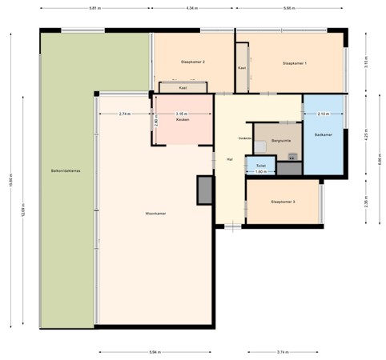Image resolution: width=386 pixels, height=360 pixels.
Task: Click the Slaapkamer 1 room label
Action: [295, 63]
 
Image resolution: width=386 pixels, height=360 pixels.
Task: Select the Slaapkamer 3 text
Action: [283, 202]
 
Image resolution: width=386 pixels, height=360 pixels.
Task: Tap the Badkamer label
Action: [323, 134]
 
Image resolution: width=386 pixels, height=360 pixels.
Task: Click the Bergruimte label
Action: [280, 140]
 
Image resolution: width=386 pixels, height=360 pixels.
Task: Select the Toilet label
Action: [260, 166]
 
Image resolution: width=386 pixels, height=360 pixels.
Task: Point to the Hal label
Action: [230, 159]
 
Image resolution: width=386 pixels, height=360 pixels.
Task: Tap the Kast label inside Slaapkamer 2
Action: [183, 88]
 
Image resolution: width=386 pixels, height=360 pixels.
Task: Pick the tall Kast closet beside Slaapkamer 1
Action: [242, 68]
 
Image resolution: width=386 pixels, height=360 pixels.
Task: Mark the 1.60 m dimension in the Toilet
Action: [260, 171]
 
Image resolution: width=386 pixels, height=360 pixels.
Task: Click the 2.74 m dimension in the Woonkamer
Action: [124, 114]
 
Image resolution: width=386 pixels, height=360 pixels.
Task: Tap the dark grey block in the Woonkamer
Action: [205, 190]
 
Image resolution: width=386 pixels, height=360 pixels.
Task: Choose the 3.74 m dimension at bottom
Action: [282, 352]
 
